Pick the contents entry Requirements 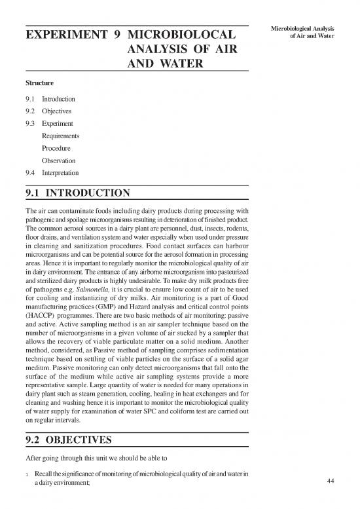[60, 136]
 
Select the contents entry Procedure [56, 148]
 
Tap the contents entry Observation [58, 160]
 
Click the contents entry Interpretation [60, 173]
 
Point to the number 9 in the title [116, 33]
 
